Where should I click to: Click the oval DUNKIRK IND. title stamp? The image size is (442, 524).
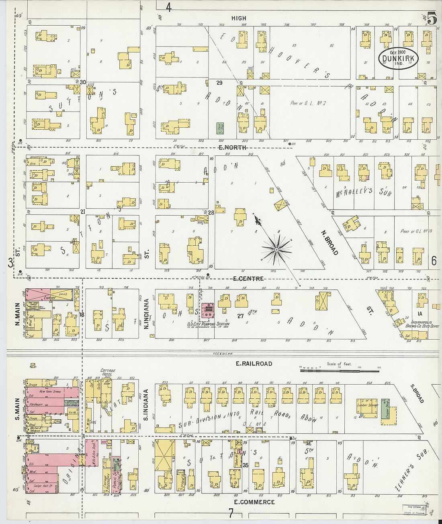(x=399, y=58)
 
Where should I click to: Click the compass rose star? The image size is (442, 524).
(x=277, y=250)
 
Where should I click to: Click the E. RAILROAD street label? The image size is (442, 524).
(x=254, y=364)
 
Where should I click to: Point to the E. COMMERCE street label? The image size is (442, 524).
(x=254, y=502)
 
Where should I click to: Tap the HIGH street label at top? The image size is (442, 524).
(x=239, y=18)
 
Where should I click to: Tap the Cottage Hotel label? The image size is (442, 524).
(x=108, y=373)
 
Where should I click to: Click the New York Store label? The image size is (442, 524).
(x=47, y=391)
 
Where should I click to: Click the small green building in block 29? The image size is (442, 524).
(x=220, y=128)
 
